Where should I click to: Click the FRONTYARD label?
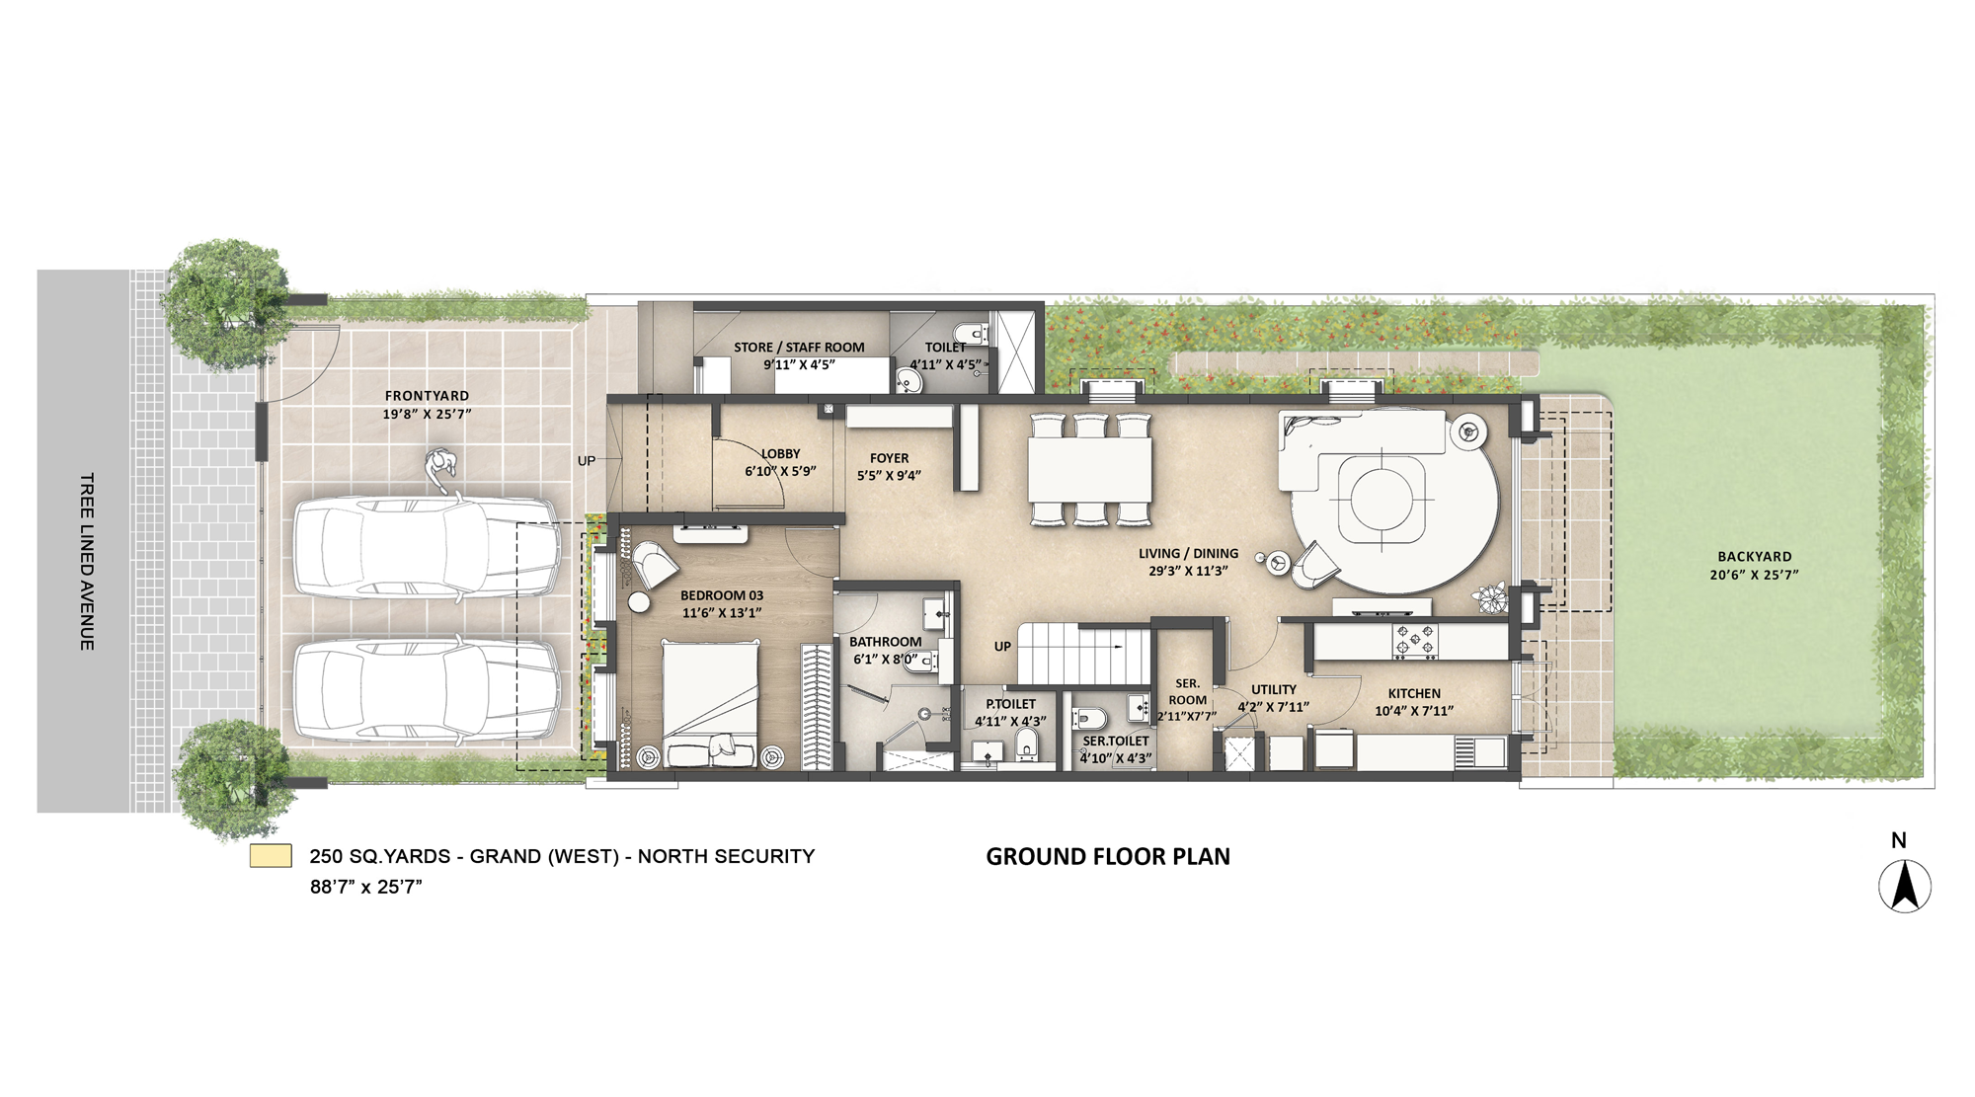tap(427, 396)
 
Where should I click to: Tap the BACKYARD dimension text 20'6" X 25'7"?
tap(1754, 575)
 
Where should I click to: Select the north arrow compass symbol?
tap(1904, 885)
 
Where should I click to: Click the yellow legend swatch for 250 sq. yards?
tap(271, 856)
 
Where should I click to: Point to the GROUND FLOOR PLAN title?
tap(1107, 857)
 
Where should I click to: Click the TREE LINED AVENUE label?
tap(87, 561)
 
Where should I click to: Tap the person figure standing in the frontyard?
tap(441, 471)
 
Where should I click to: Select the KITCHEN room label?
tap(1413, 693)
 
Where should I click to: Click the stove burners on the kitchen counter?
tap(1415, 641)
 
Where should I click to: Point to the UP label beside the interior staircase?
tap(1002, 647)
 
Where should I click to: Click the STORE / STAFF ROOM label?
tap(798, 348)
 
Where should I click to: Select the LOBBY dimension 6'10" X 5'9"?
tap(780, 471)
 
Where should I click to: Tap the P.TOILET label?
tap(1010, 704)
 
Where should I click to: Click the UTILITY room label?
tap(1273, 690)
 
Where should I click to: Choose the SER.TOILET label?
tap(1115, 741)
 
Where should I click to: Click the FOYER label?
tap(889, 458)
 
